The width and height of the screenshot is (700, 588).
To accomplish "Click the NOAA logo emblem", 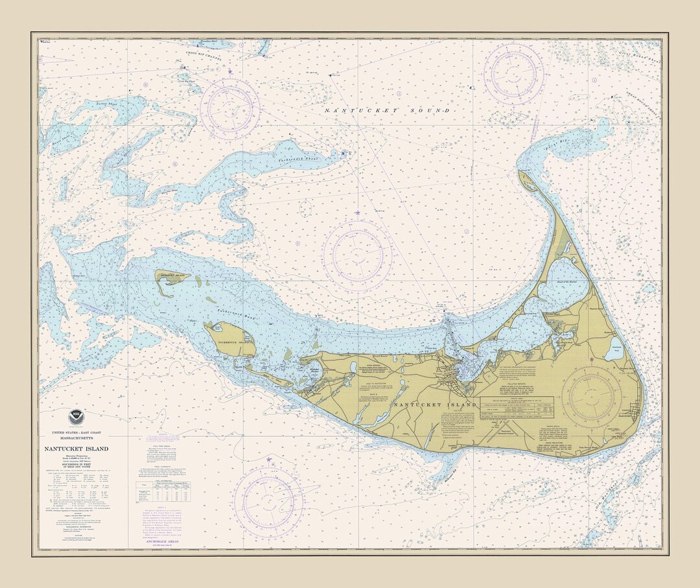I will (x=76, y=417).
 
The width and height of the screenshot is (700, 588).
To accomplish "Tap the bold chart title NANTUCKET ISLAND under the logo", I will (x=76, y=449).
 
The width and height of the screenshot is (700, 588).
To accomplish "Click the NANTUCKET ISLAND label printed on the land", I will (x=426, y=405).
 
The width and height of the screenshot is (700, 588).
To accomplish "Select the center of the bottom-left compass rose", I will (x=269, y=499).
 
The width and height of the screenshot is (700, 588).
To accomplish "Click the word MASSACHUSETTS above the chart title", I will (x=76, y=440).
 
